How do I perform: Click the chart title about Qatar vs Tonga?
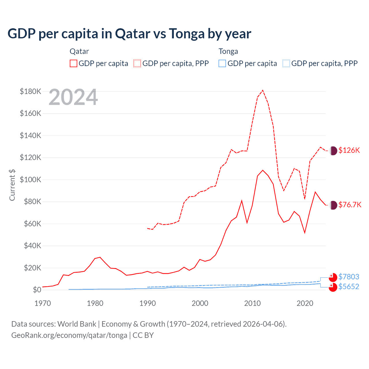(x=129, y=34)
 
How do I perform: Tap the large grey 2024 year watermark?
(x=73, y=97)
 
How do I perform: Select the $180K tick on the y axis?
(x=31, y=91)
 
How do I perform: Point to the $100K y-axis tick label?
(x=31, y=180)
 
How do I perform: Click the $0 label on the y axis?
(x=37, y=290)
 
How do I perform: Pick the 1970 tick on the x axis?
(x=43, y=303)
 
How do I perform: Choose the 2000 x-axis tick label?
(x=200, y=303)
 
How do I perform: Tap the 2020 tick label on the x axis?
(x=305, y=303)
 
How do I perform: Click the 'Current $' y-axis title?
(x=12, y=185)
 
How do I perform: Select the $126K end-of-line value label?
(x=349, y=150)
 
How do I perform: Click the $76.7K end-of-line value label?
(x=350, y=205)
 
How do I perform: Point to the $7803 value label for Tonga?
(x=349, y=277)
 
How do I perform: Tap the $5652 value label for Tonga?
(x=349, y=287)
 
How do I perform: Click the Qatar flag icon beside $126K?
(x=333, y=150)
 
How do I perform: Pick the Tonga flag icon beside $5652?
(x=333, y=287)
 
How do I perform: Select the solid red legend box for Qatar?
(x=74, y=63)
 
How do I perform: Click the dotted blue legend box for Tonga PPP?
(x=286, y=63)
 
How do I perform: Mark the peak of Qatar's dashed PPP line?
(x=263, y=91)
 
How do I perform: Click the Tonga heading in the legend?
(x=228, y=51)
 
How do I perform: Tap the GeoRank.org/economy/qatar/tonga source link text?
(x=69, y=335)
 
